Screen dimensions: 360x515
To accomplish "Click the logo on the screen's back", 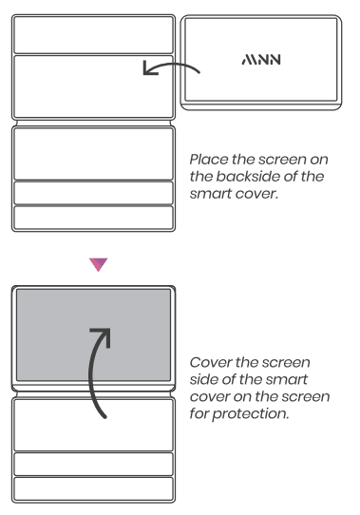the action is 261,60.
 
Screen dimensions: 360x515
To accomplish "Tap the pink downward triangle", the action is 98,264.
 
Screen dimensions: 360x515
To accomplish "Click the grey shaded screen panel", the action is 94,335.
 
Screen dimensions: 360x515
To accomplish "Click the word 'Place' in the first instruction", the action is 209,160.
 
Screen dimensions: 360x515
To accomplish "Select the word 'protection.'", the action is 251,414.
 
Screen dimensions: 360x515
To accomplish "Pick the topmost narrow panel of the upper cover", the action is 94,34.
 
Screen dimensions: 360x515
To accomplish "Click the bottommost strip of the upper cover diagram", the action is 94,218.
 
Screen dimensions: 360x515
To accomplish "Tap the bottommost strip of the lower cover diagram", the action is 94,488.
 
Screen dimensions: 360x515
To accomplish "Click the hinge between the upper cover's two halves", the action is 94,123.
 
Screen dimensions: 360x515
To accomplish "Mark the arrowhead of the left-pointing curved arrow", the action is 149,68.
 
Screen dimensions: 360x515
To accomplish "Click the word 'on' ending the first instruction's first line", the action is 319,160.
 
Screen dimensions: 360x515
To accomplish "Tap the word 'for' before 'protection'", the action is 199,413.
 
